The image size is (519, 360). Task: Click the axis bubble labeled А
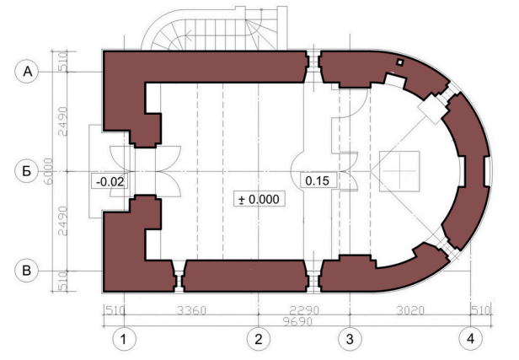pos(27,72)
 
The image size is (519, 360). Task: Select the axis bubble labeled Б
pos(27,171)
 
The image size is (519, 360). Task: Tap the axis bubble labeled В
pos(27,271)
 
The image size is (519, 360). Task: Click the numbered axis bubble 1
pos(124,339)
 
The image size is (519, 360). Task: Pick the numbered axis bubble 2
pos(258,339)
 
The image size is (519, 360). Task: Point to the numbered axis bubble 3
pos(350,339)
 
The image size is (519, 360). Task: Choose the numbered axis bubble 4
pos(470,339)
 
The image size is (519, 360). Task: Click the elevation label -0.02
pos(110,181)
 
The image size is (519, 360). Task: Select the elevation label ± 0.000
pos(259,199)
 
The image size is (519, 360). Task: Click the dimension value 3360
pos(191,310)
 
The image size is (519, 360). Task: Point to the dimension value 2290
pos(304,310)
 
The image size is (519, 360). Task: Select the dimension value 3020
pos(410,310)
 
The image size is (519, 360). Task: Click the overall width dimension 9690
pos(298,321)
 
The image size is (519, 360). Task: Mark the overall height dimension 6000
pos(49,171)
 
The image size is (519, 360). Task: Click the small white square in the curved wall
pos(400,62)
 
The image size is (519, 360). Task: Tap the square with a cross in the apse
pos(399,171)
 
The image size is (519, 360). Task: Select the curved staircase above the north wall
pos(215,28)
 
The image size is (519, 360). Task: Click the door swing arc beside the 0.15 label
pos(348,171)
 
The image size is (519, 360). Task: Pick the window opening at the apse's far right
pos(487,171)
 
